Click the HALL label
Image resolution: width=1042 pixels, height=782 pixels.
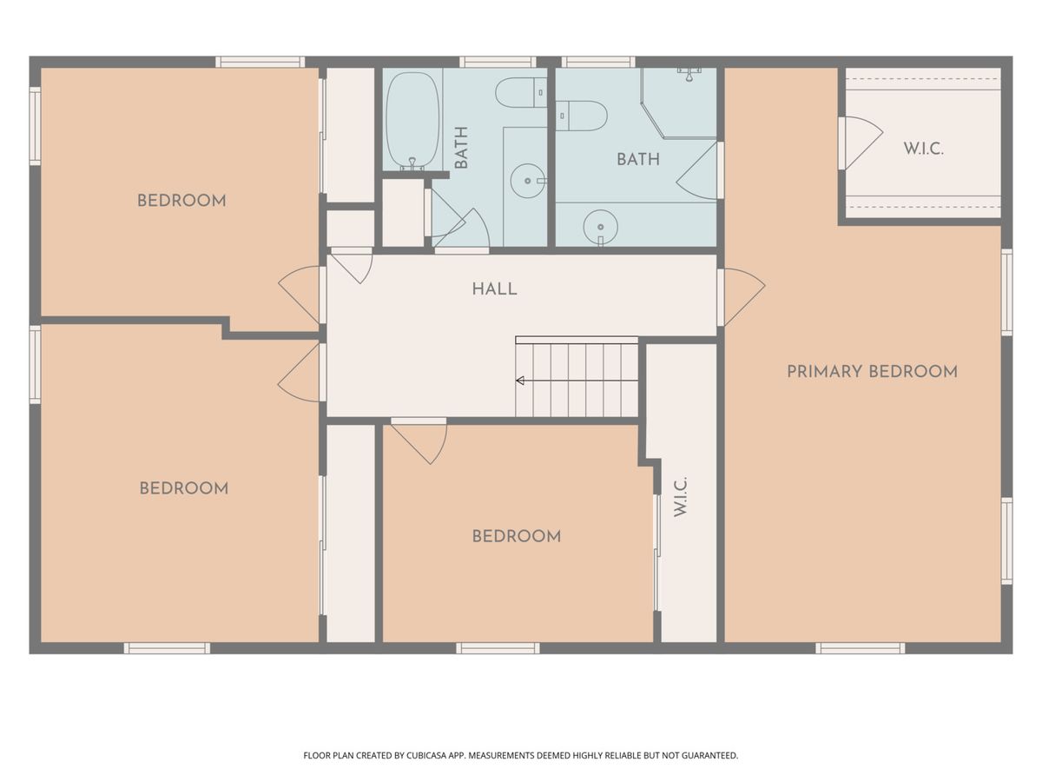[494, 289]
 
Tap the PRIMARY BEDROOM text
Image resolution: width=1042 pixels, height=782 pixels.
[872, 372]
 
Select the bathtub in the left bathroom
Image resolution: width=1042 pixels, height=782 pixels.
[412, 121]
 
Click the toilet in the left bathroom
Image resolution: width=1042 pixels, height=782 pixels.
[521, 93]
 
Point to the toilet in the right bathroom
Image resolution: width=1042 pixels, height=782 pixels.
[581, 116]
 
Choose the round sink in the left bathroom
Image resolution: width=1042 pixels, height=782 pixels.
[528, 181]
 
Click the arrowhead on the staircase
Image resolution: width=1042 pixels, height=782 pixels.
[520, 381]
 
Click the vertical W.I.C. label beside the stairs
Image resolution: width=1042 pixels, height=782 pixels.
[680, 497]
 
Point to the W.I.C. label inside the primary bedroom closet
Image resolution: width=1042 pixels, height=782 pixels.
[923, 149]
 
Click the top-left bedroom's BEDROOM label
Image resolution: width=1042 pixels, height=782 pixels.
[181, 201]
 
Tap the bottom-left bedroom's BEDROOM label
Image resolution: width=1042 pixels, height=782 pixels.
[184, 488]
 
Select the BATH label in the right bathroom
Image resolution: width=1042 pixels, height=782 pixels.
[638, 160]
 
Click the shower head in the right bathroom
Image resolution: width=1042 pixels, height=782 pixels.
[689, 74]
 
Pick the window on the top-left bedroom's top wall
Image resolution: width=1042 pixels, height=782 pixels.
[260, 62]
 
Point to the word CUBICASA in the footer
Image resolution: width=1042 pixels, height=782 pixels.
[426, 755]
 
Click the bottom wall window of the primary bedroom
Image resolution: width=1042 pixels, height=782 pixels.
[861, 648]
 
